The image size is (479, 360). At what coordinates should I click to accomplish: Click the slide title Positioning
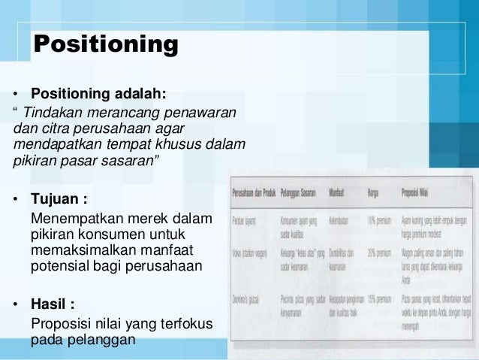106,44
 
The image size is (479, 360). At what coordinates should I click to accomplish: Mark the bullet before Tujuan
16,201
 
